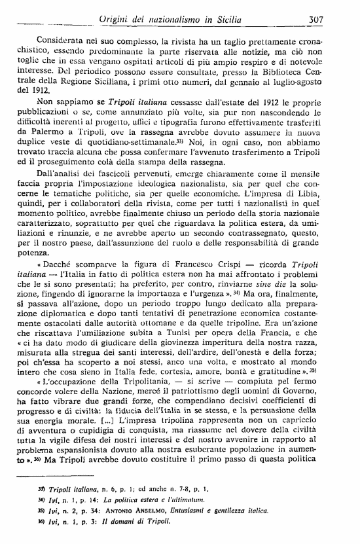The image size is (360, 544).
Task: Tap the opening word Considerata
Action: (x=65, y=41)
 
